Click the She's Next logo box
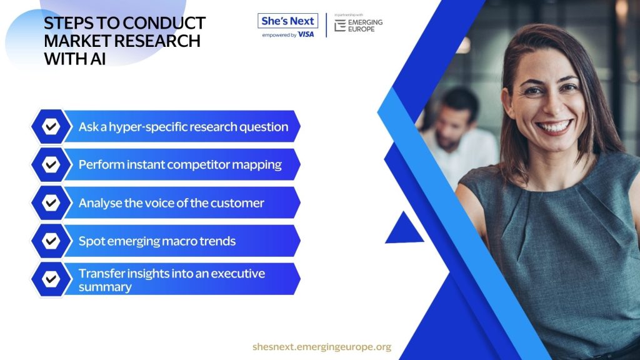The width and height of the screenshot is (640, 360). click(x=287, y=21)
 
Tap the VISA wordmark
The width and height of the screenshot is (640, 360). click(x=306, y=35)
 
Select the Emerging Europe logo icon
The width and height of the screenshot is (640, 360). click(x=340, y=25)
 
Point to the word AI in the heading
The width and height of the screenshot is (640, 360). click(x=98, y=59)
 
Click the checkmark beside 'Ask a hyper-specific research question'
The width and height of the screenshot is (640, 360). click(x=51, y=126)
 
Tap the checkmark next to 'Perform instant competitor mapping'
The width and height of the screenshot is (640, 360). click(x=51, y=164)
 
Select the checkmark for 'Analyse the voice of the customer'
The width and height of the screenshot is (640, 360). click(x=51, y=202)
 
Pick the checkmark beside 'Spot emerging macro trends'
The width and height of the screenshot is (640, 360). click(x=51, y=241)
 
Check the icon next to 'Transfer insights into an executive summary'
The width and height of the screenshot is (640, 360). click(x=51, y=279)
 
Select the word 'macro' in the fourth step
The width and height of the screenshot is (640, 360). click(x=178, y=241)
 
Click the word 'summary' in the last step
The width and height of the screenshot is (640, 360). click(x=105, y=287)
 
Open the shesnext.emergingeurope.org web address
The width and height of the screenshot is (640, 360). click(x=322, y=347)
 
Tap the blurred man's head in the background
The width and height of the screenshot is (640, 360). click(x=455, y=116)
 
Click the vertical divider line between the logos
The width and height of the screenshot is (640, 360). click(x=326, y=25)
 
